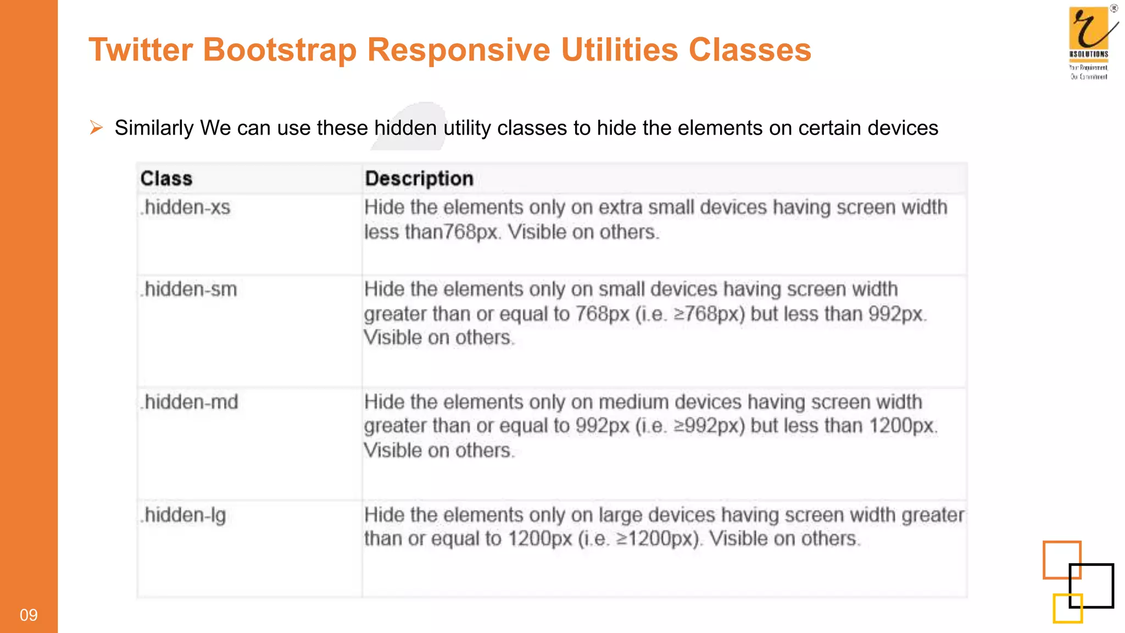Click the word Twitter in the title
coord(141,49)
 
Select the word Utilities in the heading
coord(620,49)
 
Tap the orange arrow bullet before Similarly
coord(96,127)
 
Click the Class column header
coord(166,179)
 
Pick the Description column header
coord(419,179)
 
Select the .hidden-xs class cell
coord(186,208)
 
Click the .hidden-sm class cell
coord(189,290)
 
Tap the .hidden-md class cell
coord(190,402)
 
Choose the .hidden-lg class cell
coord(183,515)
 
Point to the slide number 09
coord(29,615)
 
